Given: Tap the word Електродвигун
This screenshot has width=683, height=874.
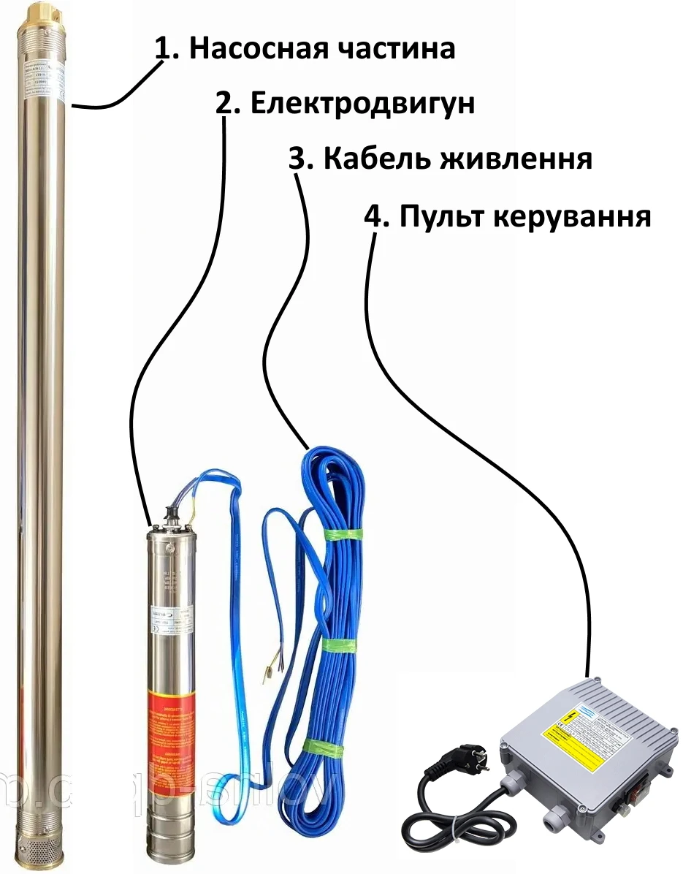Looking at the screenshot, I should [362, 104].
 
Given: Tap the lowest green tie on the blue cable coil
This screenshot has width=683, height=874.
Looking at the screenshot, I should [321, 746].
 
